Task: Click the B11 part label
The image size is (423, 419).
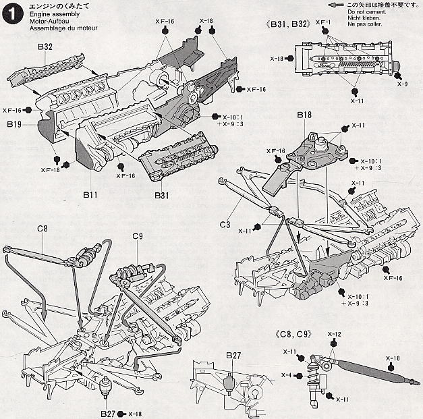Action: pos(92,194)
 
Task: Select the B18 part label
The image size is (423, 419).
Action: pos(304,116)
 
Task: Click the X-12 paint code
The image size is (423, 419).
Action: pos(335,334)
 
